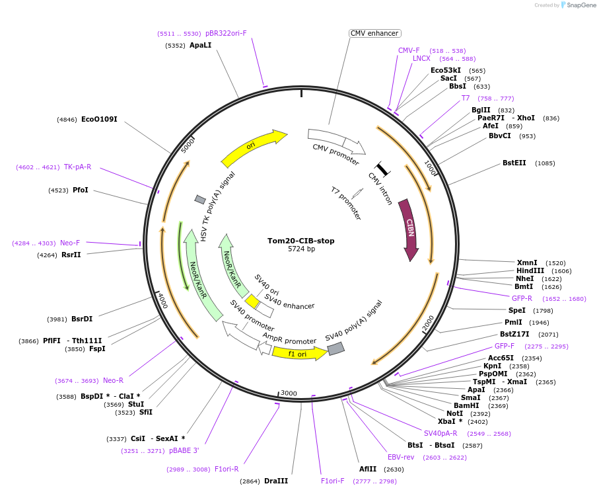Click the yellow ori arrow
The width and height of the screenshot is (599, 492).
(x=253, y=148)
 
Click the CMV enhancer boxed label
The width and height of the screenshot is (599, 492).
(x=375, y=33)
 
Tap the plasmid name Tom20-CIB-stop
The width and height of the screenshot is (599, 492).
(x=300, y=241)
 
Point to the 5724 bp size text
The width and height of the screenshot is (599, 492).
(x=300, y=249)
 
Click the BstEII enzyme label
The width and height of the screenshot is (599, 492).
(x=514, y=163)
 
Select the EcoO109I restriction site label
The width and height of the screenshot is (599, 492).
(x=99, y=120)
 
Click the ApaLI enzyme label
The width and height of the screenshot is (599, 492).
(x=201, y=46)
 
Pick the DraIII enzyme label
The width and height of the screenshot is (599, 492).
(x=276, y=481)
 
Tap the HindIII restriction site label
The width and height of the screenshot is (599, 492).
(x=530, y=270)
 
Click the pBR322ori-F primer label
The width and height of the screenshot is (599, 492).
(x=226, y=33)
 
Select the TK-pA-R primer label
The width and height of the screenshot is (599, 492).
(x=78, y=167)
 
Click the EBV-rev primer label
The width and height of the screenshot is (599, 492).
(x=401, y=457)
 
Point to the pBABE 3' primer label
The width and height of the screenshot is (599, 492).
(x=184, y=450)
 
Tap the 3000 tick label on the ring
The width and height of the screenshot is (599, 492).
(x=289, y=393)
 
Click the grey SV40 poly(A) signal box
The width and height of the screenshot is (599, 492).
(x=336, y=348)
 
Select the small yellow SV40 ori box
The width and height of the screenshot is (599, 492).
(x=252, y=302)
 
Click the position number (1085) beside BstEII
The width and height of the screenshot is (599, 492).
(x=546, y=163)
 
